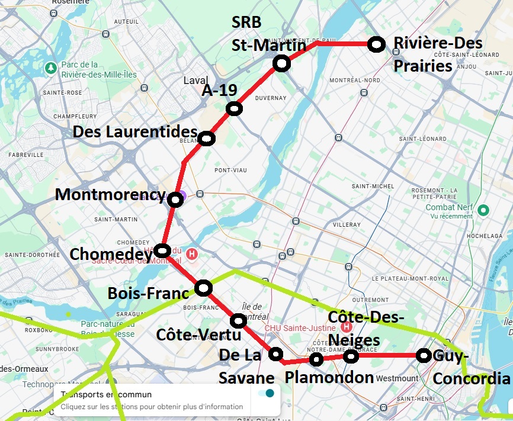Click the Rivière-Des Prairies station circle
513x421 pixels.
376,44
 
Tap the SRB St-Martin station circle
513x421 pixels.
281,63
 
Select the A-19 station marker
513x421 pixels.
235,108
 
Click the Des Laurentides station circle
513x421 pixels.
206,139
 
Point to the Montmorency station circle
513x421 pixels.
175,200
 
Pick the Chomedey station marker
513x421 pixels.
164,250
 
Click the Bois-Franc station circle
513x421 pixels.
204,288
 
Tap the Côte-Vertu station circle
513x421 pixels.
238,320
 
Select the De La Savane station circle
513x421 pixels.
275,354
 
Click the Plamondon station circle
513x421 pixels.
316,359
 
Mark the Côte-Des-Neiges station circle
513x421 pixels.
351,356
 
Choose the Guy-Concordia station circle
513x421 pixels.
424,355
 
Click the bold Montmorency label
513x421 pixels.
109,194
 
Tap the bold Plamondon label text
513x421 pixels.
329,377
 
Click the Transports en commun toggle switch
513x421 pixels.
266,394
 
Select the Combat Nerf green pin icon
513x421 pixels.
483,210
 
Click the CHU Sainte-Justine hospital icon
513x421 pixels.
346,326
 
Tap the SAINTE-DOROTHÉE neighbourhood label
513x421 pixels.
32,255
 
